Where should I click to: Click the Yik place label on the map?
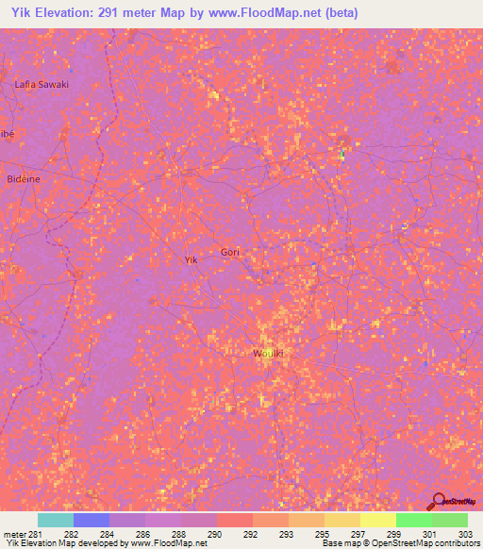click(191, 258)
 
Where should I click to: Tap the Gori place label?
click(230, 252)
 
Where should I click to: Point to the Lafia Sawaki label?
click(42, 84)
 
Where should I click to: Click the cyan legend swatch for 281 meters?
click(56, 520)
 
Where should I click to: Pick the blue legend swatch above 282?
click(92, 520)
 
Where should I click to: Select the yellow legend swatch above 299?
click(378, 520)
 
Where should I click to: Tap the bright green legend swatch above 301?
click(414, 520)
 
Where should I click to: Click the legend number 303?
click(466, 534)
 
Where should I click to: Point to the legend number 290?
click(216, 534)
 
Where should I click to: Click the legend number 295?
click(323, 534)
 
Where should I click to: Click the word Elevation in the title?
click(74, 13)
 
